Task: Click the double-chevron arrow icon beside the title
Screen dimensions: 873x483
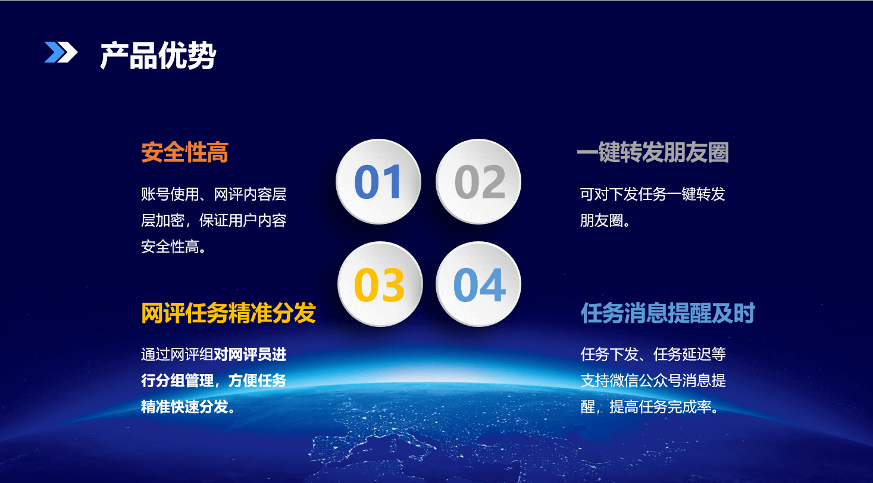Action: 61,52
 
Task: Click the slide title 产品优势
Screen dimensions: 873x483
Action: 158,55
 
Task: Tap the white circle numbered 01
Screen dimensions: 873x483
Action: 378,182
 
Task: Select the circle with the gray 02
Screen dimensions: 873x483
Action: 478,182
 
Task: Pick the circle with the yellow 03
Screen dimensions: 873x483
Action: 380,284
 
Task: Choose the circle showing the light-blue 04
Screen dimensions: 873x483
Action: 478,284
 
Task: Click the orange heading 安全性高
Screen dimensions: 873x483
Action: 184,152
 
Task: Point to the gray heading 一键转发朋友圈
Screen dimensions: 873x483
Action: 653,152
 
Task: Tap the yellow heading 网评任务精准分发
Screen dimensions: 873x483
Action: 229,313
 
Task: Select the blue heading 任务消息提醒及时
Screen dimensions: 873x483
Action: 668,313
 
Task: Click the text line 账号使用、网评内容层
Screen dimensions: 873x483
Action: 214,194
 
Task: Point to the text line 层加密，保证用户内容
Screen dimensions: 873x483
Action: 214,220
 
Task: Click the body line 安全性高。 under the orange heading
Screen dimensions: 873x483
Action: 173,247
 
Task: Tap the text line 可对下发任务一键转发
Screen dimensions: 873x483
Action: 653,194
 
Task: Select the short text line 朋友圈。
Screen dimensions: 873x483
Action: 605,220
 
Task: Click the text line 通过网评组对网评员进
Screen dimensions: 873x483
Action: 214,354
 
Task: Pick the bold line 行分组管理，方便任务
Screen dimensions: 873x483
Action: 214,381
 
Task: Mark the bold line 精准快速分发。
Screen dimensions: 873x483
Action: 188,407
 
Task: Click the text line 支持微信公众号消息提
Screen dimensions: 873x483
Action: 653,381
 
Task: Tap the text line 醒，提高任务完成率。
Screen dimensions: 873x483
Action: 649,407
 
